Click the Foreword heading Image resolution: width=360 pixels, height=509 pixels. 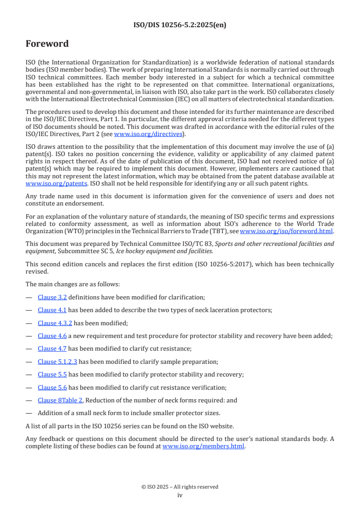[47, 44]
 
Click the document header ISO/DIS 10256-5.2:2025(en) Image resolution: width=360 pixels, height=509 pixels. [180, 25]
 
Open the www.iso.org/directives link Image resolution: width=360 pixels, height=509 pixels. [148, 134]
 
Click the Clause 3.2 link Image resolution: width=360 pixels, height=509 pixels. [52, 298]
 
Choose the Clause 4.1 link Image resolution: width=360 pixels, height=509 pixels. [52, 310]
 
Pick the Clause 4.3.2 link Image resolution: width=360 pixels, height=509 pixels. [55, 323]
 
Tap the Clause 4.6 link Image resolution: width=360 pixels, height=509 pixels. [52, 336]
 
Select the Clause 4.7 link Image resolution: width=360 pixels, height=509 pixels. [52, 349]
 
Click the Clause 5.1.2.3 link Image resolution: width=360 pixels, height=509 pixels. [58, 362]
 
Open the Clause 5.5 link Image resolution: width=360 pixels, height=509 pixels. [52, 375]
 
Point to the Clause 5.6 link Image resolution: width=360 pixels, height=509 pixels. [52, 387]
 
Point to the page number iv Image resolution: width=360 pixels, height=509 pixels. [180, 495]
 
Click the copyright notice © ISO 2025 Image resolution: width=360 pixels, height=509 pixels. [180, 487]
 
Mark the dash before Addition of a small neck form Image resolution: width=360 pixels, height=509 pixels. [29, 413]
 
